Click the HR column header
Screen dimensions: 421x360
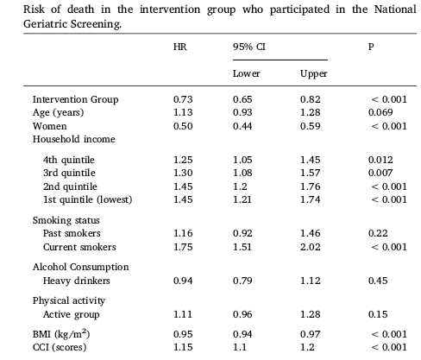coord(180,47)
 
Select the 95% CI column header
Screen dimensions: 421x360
coord(249,47)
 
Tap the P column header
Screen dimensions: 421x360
coord(371,47)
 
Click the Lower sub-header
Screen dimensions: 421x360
coord(247,73)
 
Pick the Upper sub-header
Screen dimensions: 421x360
coord(314,74)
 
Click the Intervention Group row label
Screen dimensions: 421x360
coord(75,99)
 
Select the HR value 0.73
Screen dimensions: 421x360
coord(183,99)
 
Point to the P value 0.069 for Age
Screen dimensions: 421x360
coord(380,112)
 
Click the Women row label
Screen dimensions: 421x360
coord(50,126)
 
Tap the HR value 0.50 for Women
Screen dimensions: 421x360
coord(183,126)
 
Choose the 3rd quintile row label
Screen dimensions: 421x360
coord(69,173)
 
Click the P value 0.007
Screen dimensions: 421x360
coord(380,173)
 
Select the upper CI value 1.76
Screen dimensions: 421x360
coord(311,186)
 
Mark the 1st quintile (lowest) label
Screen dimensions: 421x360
coord(88,199)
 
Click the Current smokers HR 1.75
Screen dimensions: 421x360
coord(183,247)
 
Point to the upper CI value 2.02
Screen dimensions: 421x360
coord(311,247)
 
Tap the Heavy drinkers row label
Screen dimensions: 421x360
coord(77,281)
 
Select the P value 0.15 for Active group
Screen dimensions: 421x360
coord(378,314)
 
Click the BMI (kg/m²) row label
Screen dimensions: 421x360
coord(61,334)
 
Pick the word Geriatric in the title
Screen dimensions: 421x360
coord(45,24)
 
